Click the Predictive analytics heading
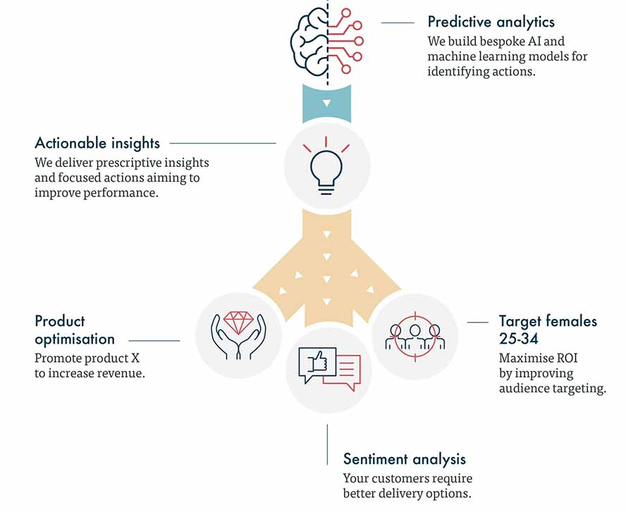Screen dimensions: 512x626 [x=491, y=22]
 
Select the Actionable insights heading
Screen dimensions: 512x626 [x=97, y=143]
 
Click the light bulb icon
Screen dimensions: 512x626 [x=326, y=168]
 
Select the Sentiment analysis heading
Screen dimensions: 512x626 [x=404, y=459]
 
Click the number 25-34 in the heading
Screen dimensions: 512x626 [x=519, y=339]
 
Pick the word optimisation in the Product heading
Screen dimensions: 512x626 [x=75, y=339]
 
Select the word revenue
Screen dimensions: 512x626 [x=123, y=373]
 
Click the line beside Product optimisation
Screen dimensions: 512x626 [x=154, y=341]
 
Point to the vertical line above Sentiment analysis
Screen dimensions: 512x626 [x=327, y=444]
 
